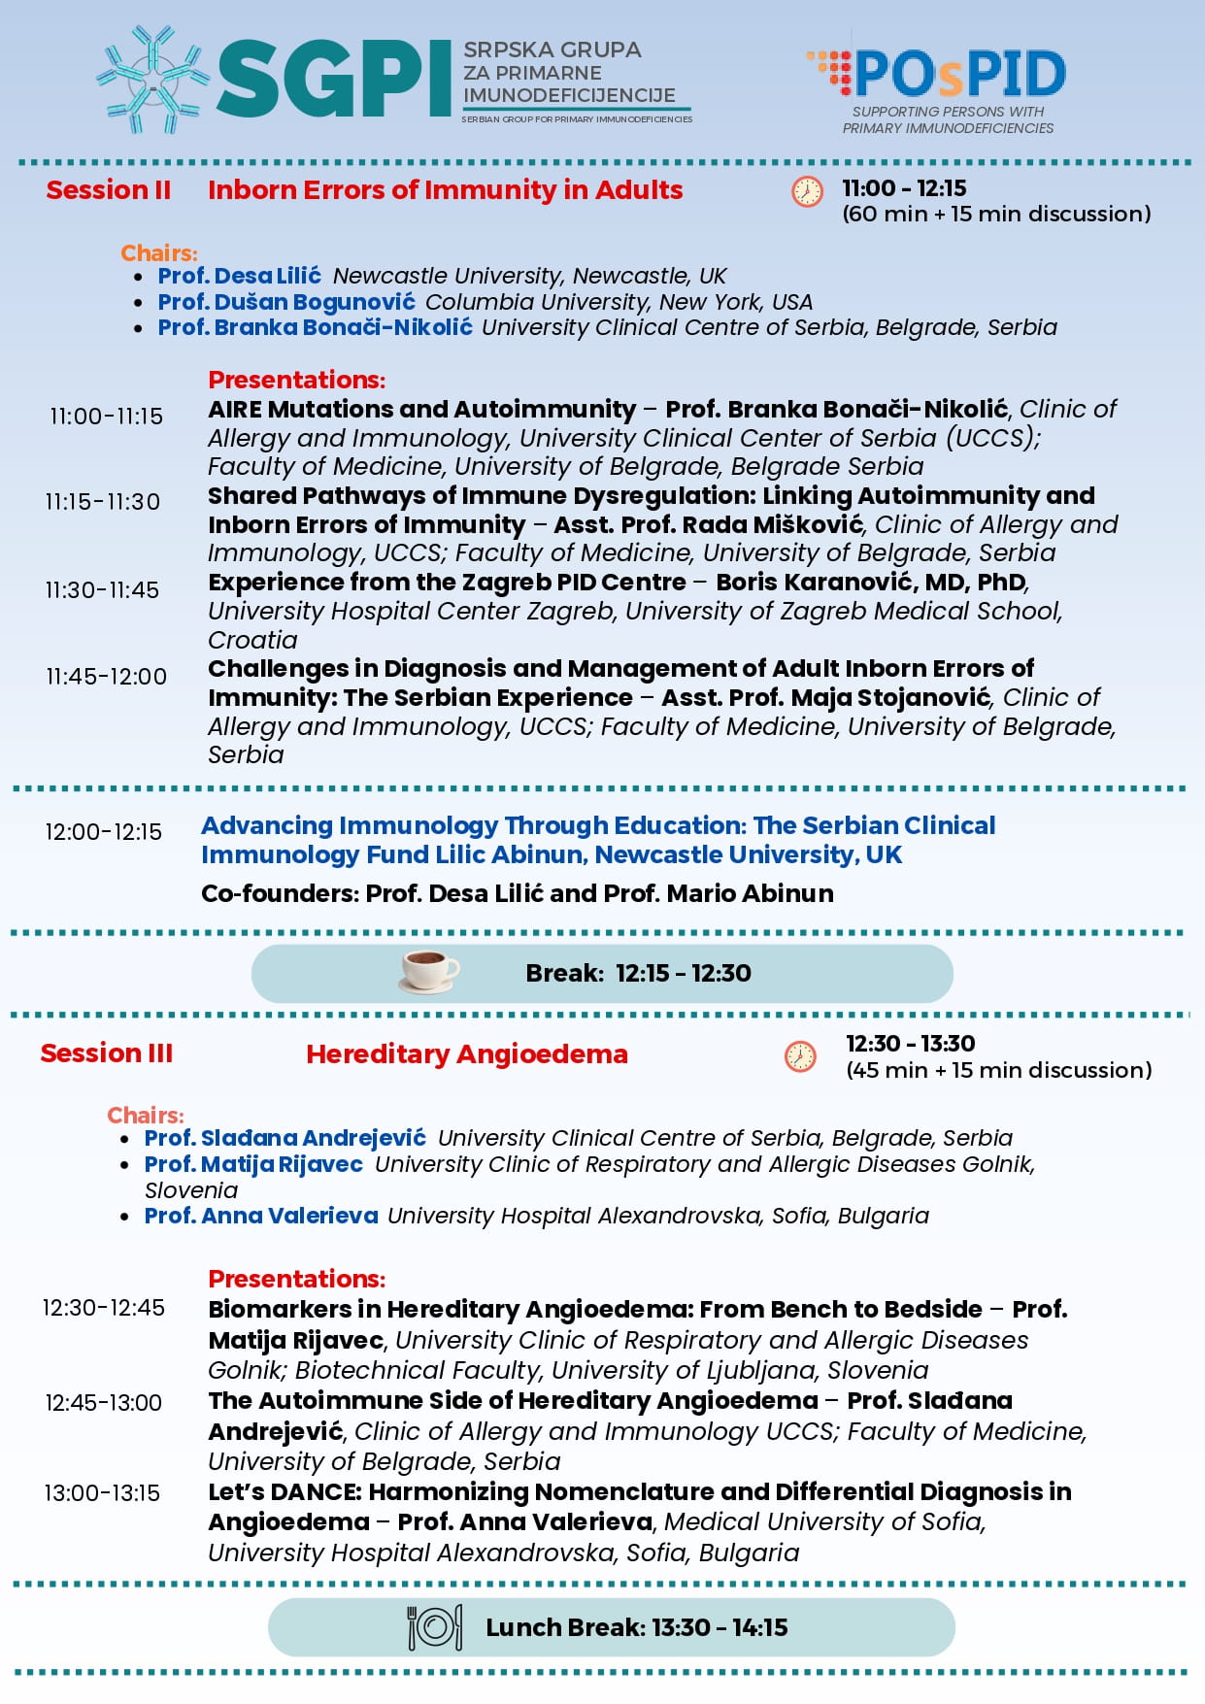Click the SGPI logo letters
point(333,80)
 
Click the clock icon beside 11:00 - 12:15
point(807,191)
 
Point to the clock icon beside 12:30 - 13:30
point(800,1056)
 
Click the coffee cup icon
point(429,972)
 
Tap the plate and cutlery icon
point(434,1627)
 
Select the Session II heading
point(108,190)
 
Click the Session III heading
point(106,1053)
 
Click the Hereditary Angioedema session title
point(466,1054)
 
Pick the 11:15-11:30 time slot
point(102,502)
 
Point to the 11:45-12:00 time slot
point(106,677)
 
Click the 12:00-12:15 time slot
point(103,832)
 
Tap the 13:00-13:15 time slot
point(102,1493)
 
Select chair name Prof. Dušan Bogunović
point(286,302)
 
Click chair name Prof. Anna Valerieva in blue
point(261,1216)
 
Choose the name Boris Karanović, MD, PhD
point(871,583)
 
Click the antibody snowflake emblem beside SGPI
point(152,80)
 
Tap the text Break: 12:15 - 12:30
point(638,973)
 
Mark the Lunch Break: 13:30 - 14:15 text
point(636,1627)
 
